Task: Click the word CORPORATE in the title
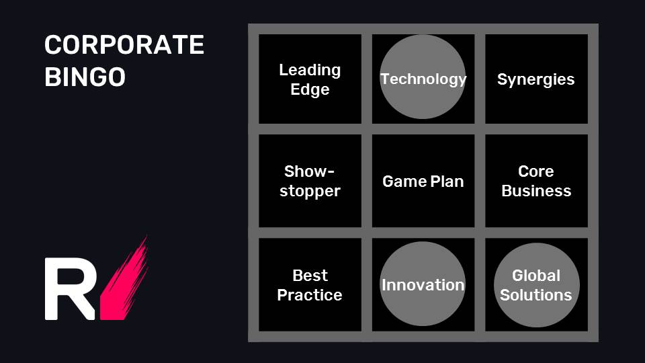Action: tap(124, 44)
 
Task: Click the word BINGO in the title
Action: tap(85, 77)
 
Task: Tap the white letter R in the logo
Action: tap(70, 288)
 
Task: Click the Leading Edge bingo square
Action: tap(310, 79)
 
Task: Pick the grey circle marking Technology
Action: tap(423, 77)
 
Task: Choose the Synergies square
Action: tap(536, 79)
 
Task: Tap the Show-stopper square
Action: tap(310, 181)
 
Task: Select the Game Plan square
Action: tap(423, 181)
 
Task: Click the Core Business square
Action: tap(536, 181)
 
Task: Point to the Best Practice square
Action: tap(310, 285)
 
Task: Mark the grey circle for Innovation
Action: tap(423, 284)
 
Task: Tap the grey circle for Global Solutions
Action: tap(537, 285)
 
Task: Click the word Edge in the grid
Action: tap(310, 89)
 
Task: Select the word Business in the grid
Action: tap(536, 191)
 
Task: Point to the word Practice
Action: tap(310, 295)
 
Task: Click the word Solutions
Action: tap(536, 295)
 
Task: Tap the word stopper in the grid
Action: tap(310, 192)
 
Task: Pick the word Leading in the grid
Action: tap(310, 71)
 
